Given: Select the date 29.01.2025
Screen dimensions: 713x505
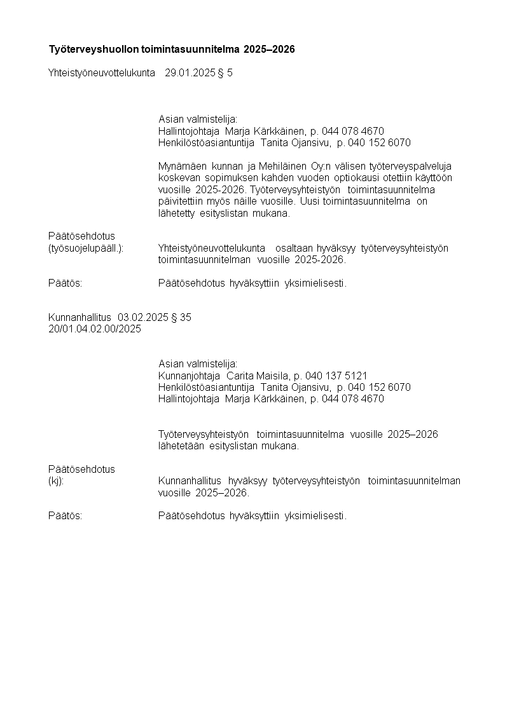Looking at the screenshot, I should tap(190, 72).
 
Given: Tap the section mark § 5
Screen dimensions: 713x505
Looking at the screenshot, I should tap(225, 72).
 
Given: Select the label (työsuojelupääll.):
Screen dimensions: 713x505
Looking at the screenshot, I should tap(86, 248).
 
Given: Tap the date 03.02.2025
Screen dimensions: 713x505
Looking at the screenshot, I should tap(143, 317).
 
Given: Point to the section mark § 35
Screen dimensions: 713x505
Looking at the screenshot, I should tap(181, 317).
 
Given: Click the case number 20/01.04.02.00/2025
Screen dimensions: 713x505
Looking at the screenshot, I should tap(95, 329).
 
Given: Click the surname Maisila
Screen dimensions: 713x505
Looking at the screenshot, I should tap(272, 376).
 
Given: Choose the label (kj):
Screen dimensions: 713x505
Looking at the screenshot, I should tap(57, 481).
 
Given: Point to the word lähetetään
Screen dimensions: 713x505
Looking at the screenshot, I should tap(180, 445).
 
